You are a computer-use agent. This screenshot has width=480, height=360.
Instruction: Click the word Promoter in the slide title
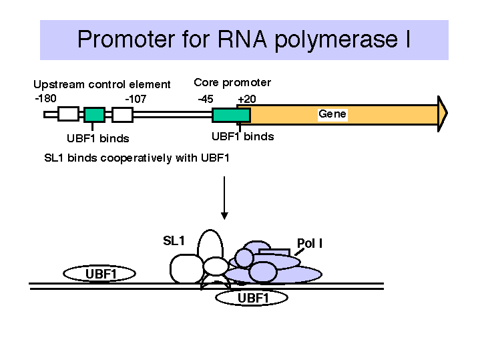[x=126, y=39]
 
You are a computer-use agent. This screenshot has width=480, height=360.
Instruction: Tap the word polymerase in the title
[x=336, y=41]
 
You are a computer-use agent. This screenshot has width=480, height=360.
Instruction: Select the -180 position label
[x=45, y=98]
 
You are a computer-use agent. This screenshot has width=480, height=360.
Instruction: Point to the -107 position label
[x=136, y=99]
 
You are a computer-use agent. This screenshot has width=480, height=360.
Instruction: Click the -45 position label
[x=206, y=99]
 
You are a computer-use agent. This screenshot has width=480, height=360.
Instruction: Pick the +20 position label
[x=247, y=99]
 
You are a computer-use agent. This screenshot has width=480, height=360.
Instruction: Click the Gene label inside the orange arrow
[x=332, y=114]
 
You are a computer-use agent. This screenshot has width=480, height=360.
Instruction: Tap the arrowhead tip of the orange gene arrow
[x=447, y=114]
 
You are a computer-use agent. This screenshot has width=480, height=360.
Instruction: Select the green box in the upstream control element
[x=95, y=115]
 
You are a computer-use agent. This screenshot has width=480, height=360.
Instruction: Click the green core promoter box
[x=232, y=115]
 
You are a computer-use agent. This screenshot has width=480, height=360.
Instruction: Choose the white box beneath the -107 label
[x=122, y=115]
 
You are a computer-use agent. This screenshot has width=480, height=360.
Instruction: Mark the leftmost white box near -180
[x=69, y=114]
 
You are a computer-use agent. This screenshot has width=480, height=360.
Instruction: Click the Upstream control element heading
[x=102, y=84]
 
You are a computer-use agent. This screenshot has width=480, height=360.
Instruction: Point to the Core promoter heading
[x=232, y=83]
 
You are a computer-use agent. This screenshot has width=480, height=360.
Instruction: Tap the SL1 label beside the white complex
[x=174, y=241]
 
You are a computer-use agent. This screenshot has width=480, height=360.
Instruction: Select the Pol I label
[x=310, y=243]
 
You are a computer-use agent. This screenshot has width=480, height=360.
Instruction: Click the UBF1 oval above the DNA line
[x=99, y=273]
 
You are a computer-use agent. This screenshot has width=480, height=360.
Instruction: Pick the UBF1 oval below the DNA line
[x=252, y=297]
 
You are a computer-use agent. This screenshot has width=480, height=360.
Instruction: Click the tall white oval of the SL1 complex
[x=210, y=245]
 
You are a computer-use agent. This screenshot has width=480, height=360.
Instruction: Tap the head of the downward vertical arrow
[x=224, y=216]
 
